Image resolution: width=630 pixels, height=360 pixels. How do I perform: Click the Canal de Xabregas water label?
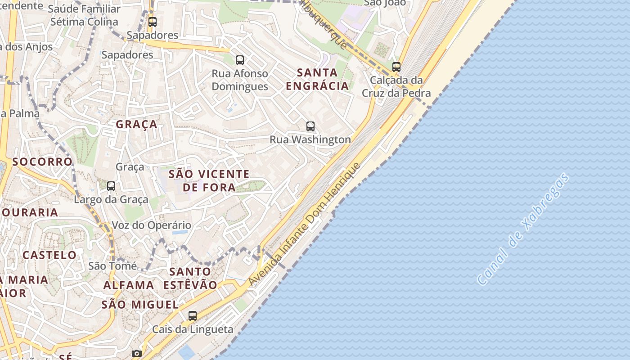[523, 229]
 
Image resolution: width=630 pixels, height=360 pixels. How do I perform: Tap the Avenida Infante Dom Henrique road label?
[305, 224]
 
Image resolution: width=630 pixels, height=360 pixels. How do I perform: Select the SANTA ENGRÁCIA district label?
[317, 79]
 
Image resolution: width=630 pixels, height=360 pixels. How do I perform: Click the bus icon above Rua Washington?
[310, 126]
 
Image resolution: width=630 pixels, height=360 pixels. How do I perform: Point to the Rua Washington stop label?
[310, 139]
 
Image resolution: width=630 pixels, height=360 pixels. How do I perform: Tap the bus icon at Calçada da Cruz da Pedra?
[396, 67]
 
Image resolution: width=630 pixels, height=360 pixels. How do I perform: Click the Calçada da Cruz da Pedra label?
[396, 86]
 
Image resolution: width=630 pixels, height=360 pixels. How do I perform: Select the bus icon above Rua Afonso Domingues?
[240, 60]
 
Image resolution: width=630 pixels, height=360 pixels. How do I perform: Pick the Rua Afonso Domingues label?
[240, 80]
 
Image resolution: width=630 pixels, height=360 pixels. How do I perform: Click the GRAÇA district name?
[137, 124]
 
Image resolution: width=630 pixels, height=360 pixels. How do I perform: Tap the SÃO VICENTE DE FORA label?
[209, 180]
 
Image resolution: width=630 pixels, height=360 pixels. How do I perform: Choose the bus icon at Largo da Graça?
[111, 186]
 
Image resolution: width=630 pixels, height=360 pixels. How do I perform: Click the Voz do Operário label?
[151, 225]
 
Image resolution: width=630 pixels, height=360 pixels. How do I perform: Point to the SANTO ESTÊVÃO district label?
[190, 278]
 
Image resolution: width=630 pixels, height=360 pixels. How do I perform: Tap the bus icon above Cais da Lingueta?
[193, 316]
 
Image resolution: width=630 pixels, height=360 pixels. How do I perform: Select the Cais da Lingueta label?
[193, 329]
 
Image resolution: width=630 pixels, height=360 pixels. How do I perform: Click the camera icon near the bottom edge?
[137, 354]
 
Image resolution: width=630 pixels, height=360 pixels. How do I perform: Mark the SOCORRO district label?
[42, 162]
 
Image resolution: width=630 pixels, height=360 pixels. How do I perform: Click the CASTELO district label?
[49, 255]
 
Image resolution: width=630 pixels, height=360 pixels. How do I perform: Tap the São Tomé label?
[112, 266]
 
